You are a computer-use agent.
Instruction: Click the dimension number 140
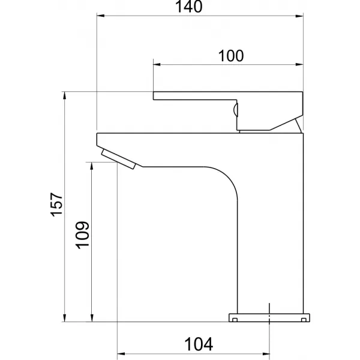[189, 7]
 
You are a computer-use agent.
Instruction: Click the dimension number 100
[231, 56]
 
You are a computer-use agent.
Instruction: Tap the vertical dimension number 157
[56, 205]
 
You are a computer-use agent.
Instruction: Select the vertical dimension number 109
[82, 235]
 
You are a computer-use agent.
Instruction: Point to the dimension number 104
[199, 344]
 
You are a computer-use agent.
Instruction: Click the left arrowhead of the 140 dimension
[101, 16]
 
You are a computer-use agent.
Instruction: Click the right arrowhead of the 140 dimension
[299, 16]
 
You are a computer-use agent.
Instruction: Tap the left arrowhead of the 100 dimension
[157, 65]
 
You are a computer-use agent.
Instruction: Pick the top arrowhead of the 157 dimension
[65, 95]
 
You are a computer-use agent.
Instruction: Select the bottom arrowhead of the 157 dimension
[65, 318]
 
